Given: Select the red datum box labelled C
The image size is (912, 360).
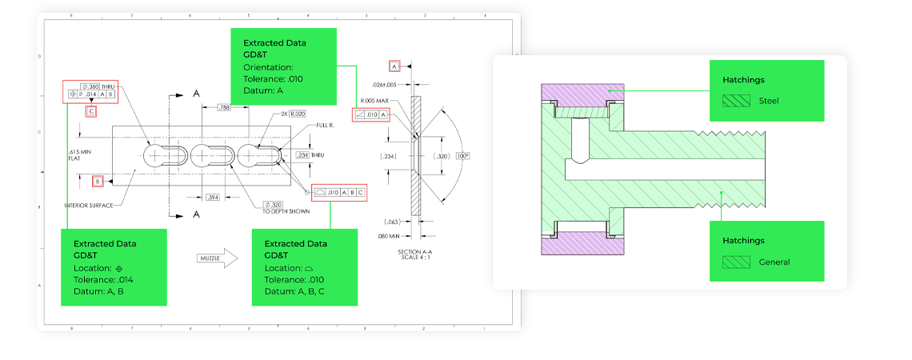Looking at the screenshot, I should coord(91,111).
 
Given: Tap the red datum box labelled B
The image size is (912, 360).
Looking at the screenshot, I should coord(98,182).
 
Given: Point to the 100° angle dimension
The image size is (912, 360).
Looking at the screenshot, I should coord(463,155).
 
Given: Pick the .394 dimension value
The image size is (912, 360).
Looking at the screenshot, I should coord(214,196).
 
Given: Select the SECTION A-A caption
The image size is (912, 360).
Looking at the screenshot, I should coord(415,255).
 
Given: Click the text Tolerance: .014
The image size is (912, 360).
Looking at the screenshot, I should coord(108,279).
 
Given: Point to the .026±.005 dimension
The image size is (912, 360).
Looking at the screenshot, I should coord(390,84).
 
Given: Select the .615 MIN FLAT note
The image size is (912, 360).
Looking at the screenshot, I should coord(80,154).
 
